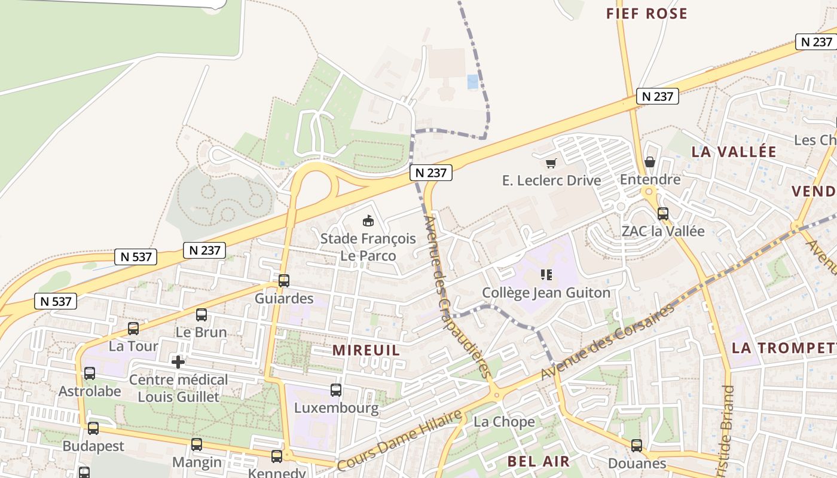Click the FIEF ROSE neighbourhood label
[646, 14]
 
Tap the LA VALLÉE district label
[734, 152]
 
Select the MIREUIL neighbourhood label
[366, 350]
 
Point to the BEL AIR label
[538, 461]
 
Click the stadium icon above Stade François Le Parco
[368, 221]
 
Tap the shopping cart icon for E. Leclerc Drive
[551, 163]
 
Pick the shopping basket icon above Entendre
[650, 162]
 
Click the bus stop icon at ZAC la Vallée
[662, 214]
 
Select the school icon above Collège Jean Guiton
[546, 275]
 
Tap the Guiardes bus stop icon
[284, 281]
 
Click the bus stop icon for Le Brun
[201, 315]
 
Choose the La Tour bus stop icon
[133, 329]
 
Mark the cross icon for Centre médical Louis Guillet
[178, 362]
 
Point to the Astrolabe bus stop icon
[90, 373]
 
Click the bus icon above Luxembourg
[336, 390]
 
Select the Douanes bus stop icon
[637, 446]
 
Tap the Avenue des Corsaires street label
[607, 341]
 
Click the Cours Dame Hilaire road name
[399, 440]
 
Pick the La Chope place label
[504, 422]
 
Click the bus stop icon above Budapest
[93, 428]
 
